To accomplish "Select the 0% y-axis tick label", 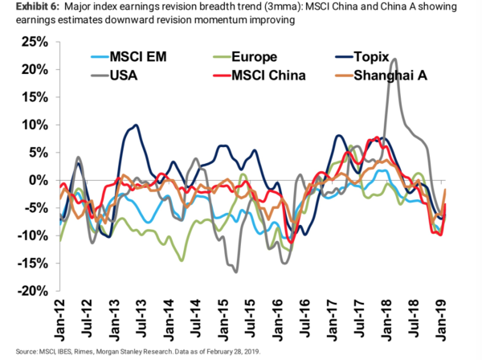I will coord(39,180).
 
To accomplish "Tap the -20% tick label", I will coord(33,291).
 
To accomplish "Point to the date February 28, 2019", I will coord(235,352).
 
